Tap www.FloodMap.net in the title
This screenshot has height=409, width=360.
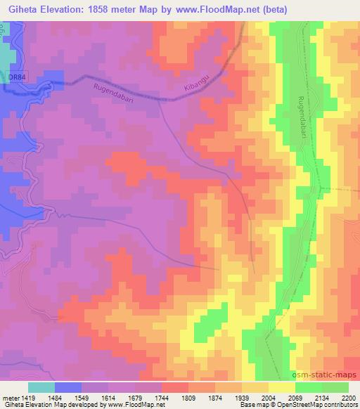click(216, 8)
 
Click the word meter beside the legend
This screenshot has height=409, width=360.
click(11, 397)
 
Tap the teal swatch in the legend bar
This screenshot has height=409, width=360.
click(41, 387)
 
